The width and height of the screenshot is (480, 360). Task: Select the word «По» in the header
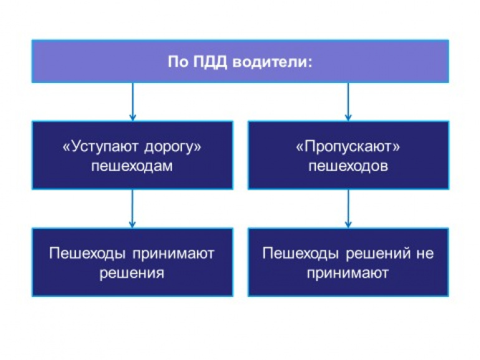tap(176, 62)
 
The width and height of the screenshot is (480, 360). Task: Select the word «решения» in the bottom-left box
tap(132, 273)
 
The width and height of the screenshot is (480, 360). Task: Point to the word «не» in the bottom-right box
tap(425, 253)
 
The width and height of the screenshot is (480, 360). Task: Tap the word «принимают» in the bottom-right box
tap(348, 273)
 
